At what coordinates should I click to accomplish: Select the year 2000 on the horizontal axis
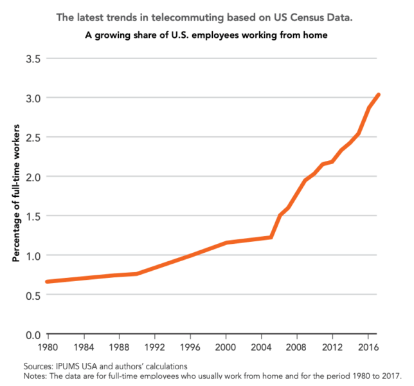coord(226,347)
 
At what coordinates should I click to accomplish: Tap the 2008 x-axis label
coord(296,347)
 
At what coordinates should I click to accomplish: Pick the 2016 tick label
coord(367,347)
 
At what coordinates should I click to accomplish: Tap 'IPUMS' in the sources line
coord(66,366)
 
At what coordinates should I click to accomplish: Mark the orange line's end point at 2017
coord(378,95)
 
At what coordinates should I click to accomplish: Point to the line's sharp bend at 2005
coord(271,237)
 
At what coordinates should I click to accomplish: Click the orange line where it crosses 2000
coord(226,243)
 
